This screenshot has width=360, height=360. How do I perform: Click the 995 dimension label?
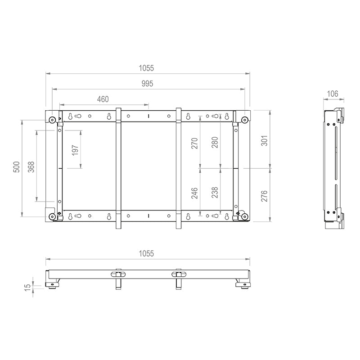point(147,84)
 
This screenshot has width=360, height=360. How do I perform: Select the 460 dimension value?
point(103,99)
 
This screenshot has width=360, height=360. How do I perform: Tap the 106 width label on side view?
point(333,94)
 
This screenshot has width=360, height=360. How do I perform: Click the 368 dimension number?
point(31,167)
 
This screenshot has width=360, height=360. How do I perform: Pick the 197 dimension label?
point(75,150)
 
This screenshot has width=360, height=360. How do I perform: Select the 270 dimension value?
point(194,143)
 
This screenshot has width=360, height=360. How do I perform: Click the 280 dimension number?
point(215,142)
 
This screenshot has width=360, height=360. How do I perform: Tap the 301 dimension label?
point(265,140)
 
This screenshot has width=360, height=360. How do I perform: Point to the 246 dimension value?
point(194,193)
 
